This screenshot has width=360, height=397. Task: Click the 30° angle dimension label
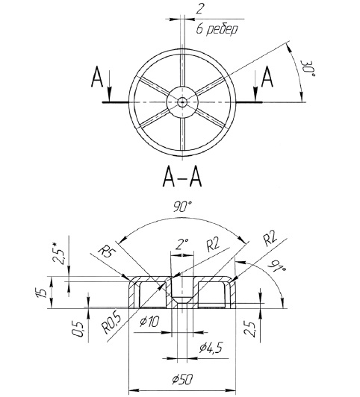point(307,69)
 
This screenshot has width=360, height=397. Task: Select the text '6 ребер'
point(217,30)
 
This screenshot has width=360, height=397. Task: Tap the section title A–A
point(182,178)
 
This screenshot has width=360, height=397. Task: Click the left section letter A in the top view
point(97,77)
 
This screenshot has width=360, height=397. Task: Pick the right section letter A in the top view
point(267,77)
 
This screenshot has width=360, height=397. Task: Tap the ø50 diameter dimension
point(183,379)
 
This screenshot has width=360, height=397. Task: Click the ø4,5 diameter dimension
point(211,348)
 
